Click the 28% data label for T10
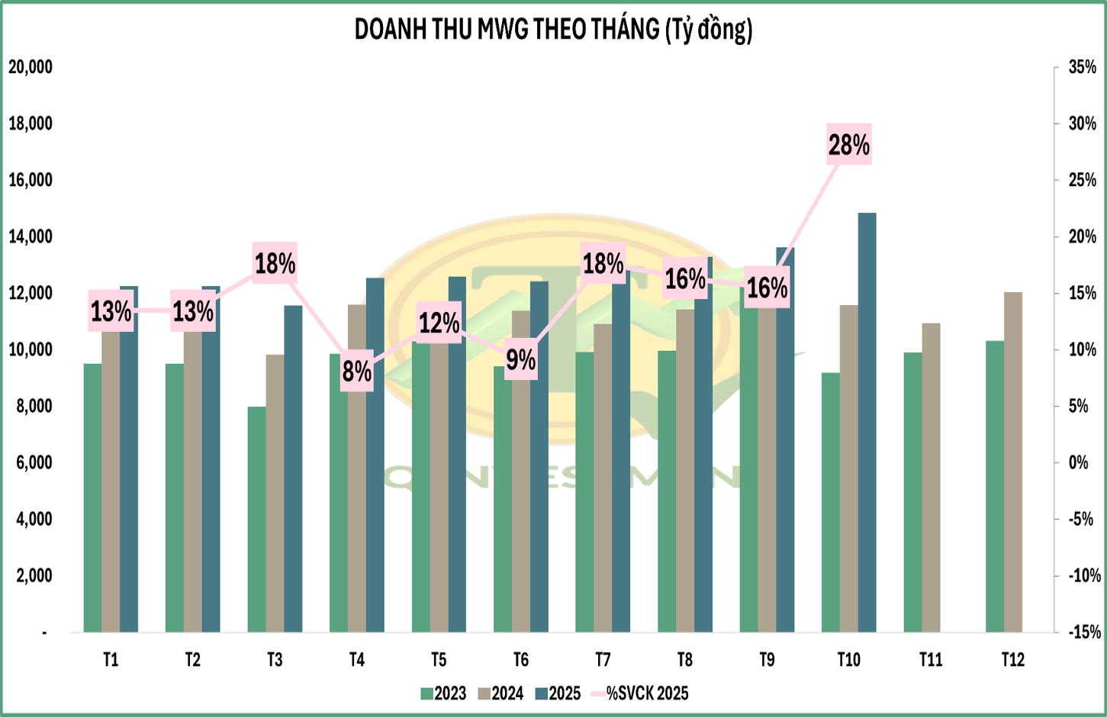[848, 144]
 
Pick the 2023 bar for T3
[257, 519]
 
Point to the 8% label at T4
[356, 371]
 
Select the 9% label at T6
[521, 359]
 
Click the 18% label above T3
[275, 264]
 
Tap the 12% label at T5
[439, 323]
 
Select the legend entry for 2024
[500, 693]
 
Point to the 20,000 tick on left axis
[31, 67]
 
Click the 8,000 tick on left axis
[34, 406]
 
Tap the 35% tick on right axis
[1082, 67]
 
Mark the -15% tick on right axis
[1083, 632]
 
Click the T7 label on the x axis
[603, 660]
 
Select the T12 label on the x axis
[1012, 660]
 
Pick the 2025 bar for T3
[293, 468]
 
